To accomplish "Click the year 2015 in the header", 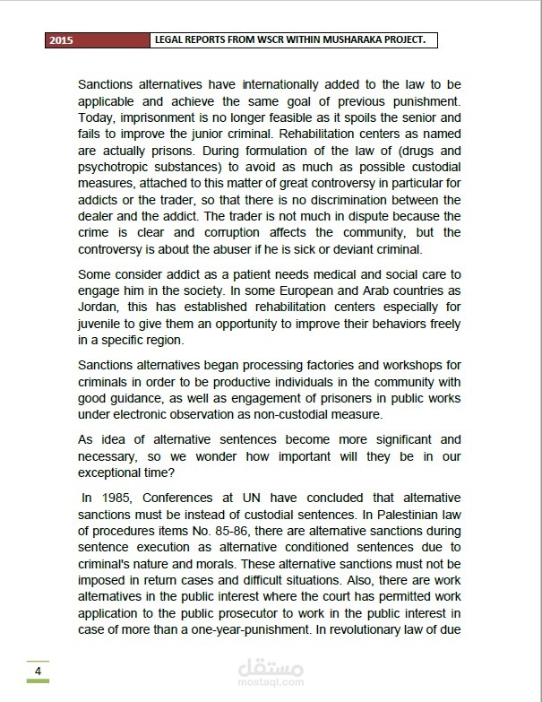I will (61, 40).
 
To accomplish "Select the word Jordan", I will (99, 307).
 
